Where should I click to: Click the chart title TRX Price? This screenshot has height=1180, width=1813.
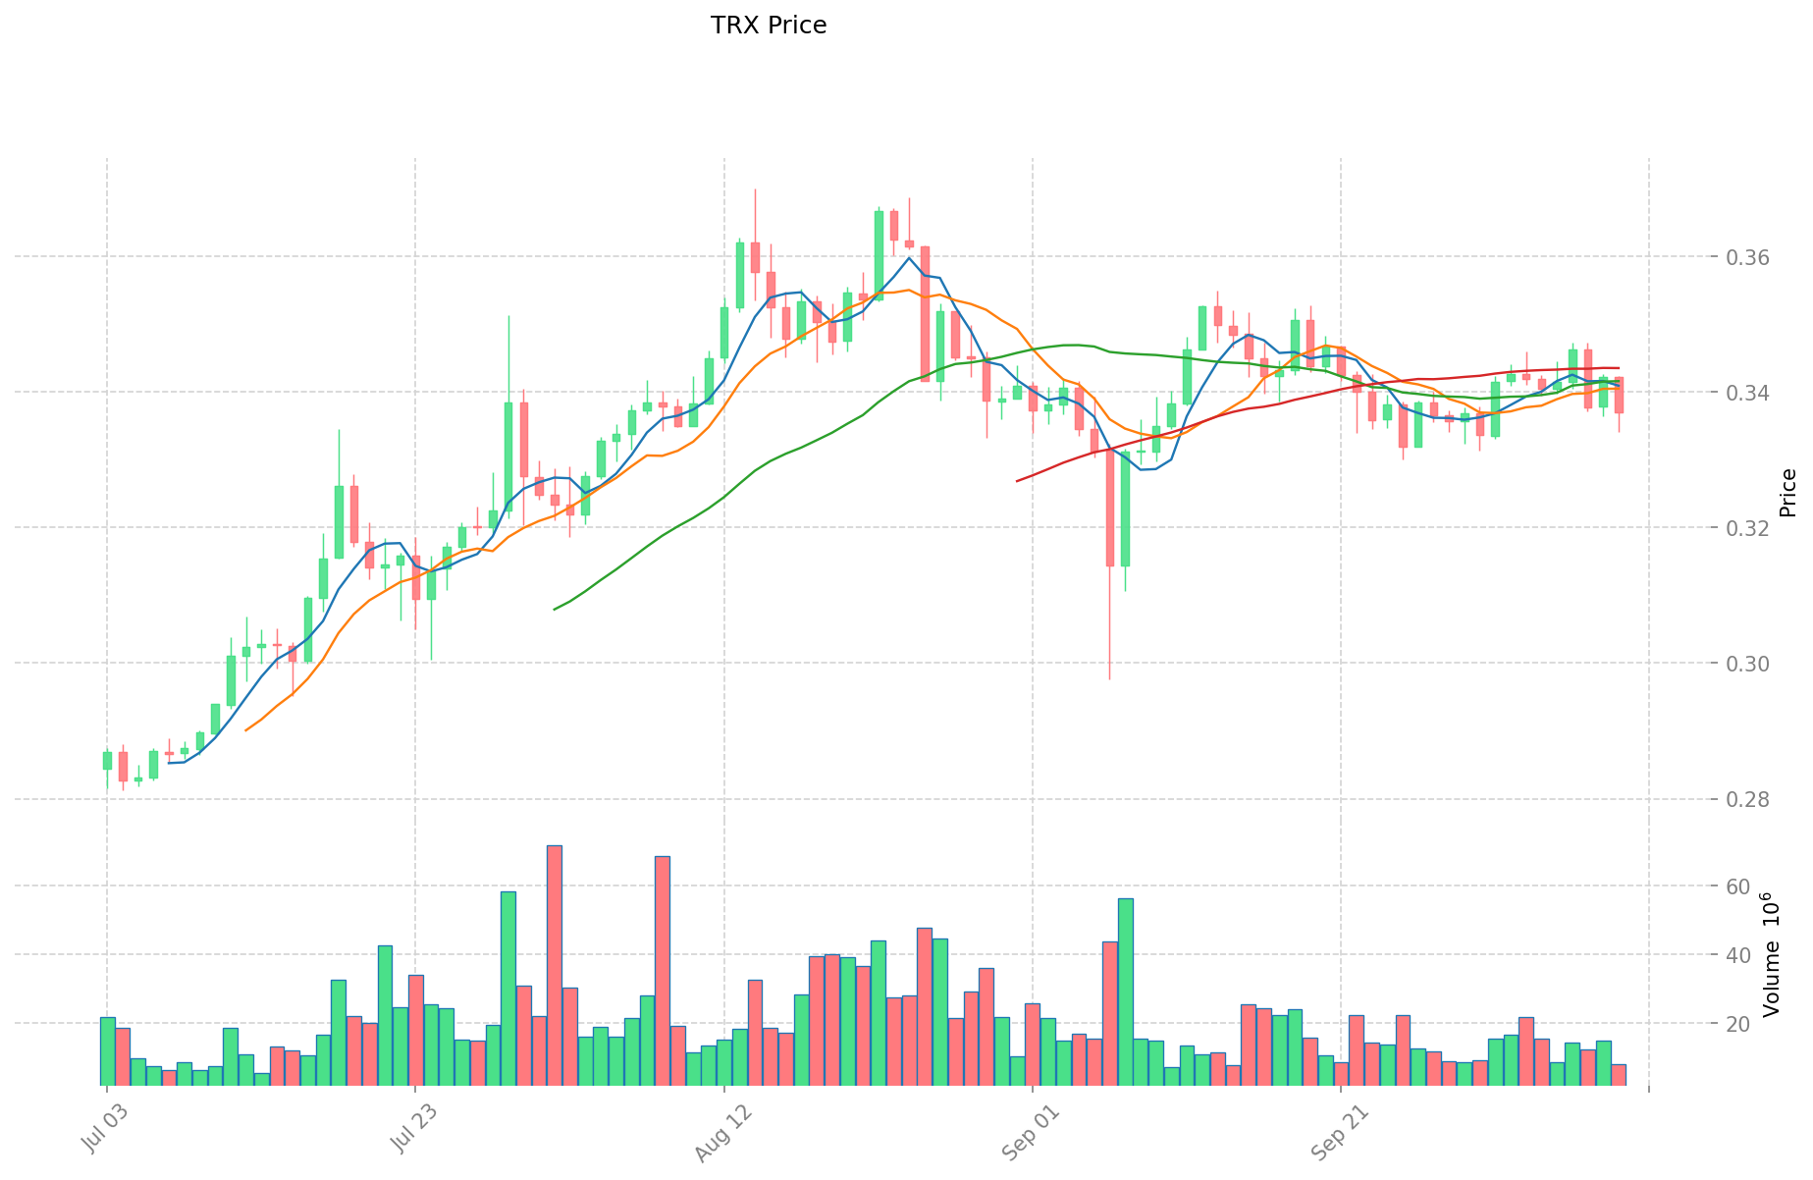click(x=768, y=26)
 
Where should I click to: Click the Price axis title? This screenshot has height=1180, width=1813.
click(x=1787, y=493)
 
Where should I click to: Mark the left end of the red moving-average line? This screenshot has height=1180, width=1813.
click(x=1017, y=481)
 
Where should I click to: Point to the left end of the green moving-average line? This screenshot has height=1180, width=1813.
click(x=555, y=610)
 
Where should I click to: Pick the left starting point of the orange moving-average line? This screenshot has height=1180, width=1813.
click(x=245, y=730)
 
